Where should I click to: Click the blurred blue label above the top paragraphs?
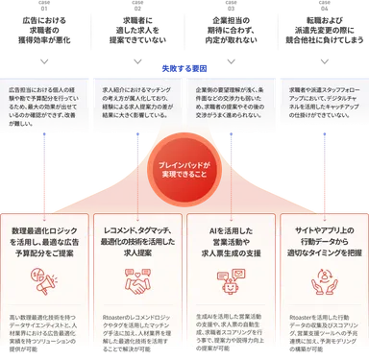[184, 68]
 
